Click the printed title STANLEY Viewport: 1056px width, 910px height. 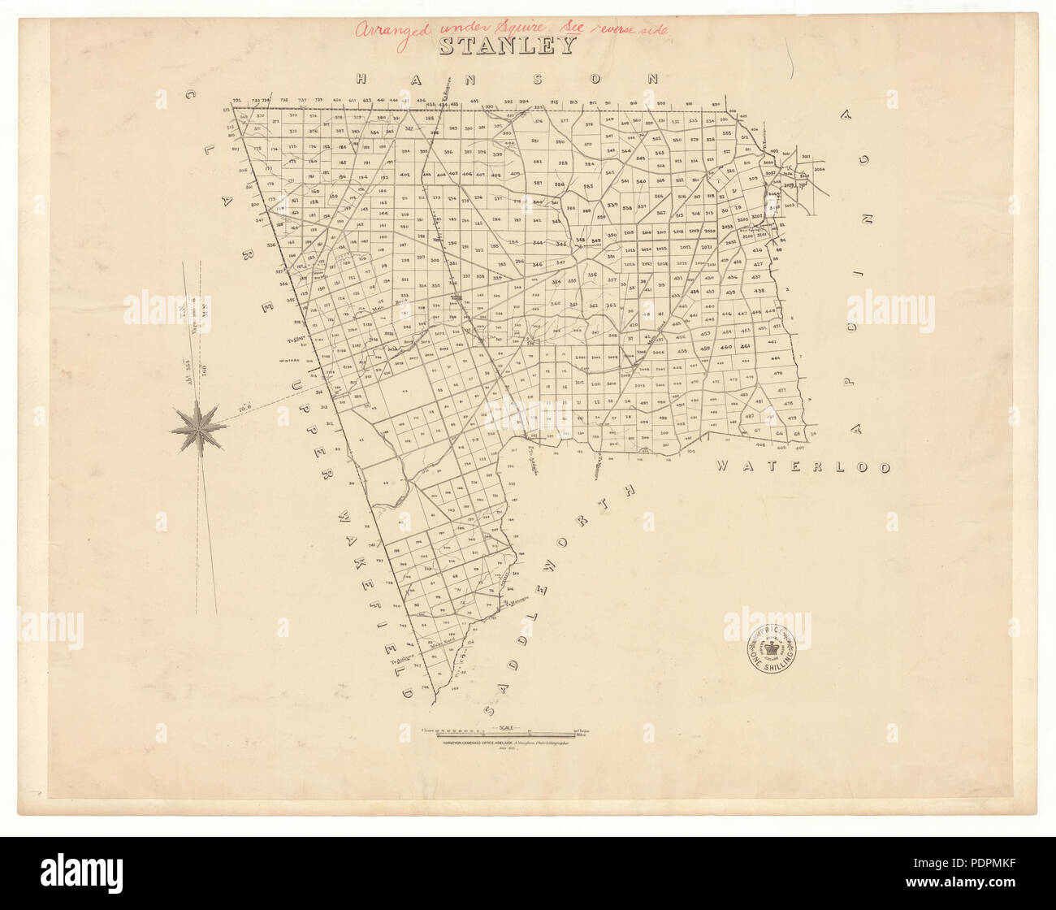tap(508, 45)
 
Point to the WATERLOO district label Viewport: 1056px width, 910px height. tap(803, 467)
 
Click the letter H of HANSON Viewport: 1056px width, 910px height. tap(363, 79)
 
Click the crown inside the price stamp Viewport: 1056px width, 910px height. tap(773, 651)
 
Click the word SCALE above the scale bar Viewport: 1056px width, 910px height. tap(509, 727)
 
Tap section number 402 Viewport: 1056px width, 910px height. tap(405, 175)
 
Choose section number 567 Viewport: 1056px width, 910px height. tap(661, 213)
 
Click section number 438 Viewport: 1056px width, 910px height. tap(759, 291)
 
